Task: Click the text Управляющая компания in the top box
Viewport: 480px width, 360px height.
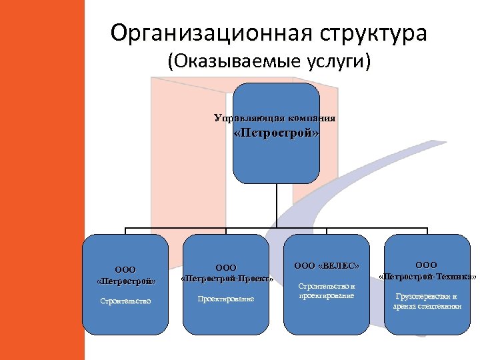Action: (x=275, y=119)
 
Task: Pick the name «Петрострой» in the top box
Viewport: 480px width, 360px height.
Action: (x=276, y=133)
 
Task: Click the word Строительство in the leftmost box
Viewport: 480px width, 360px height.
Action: (x=125, y=301)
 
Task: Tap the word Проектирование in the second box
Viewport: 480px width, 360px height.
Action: (x=226, y=299)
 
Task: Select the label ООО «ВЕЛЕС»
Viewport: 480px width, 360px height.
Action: (x=327, y=266)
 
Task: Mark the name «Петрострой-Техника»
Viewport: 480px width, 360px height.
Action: (x=427, y=276)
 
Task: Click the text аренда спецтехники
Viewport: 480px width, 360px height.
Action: (x=427, y=306)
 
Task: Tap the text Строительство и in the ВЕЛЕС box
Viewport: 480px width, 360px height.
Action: (x=327, y=286)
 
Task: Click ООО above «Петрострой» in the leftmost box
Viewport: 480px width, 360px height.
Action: (x=125, y=269)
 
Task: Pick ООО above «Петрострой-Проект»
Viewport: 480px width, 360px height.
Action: (x=226, y=267)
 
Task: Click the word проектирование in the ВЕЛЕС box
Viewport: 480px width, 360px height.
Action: (x=327, y=295)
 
